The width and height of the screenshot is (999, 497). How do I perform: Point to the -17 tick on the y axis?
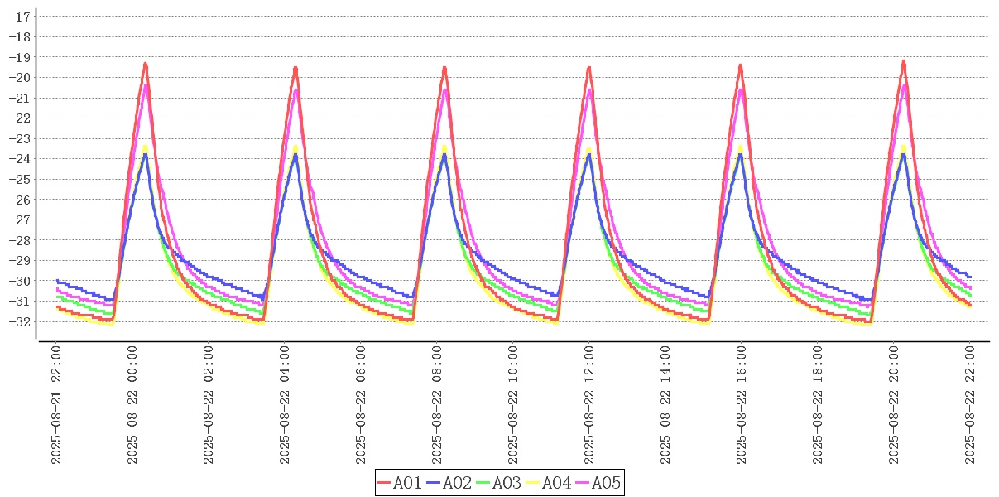[19, 17]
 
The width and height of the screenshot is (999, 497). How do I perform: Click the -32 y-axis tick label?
[19, 321]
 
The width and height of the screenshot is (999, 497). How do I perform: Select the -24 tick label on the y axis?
[19, 159]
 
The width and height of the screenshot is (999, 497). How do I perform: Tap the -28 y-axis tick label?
[19, 240]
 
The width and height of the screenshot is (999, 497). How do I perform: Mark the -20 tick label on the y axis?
[19, 78]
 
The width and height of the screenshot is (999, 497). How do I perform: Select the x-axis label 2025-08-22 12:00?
[589, 405]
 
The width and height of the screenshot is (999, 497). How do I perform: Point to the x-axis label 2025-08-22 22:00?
[970, 405]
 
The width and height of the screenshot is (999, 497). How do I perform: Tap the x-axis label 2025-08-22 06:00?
[361, 405]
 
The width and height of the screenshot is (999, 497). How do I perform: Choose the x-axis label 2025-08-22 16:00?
[742, 405]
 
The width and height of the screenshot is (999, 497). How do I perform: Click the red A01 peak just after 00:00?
[146, 64]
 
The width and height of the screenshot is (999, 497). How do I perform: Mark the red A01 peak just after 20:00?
[903, 62]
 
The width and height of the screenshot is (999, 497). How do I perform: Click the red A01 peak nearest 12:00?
[588, 68]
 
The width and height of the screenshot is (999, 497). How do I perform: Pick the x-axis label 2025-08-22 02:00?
[209, 405]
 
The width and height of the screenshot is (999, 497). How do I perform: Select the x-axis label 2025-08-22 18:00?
[818, 405]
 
